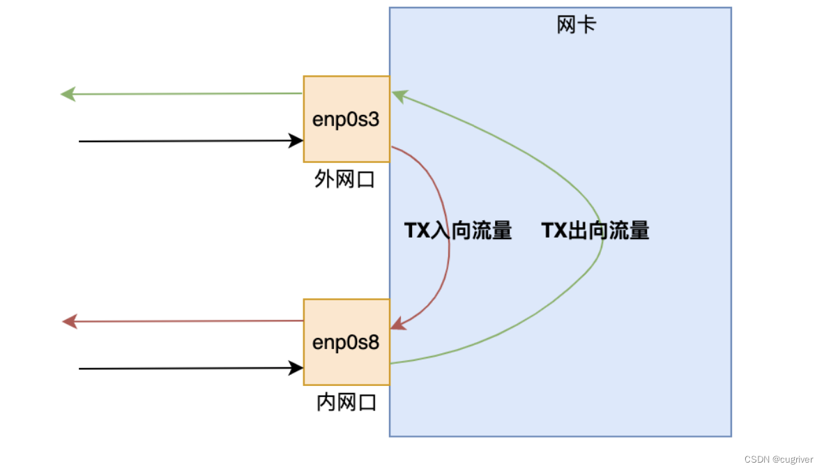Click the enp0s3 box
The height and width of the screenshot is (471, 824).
[x=346, y=119]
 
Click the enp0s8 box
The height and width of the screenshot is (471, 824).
[x=346, y=342]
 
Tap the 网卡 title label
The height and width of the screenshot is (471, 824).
[x=577, y=25]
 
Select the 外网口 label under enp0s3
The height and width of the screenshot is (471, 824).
[x=345, y=180]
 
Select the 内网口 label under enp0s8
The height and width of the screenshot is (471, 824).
[x=346, y=402]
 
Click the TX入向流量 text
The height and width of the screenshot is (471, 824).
[x=458, y=231]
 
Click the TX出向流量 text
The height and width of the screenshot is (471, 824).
[x=595, y=231]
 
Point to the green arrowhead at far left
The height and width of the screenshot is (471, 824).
[x=68, y=94]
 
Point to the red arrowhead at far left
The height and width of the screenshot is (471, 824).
[x=69, y=321]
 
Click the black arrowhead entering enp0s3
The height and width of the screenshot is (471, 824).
[x=296, y=141]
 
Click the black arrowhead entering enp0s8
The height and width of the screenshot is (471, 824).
[x=296, y=368]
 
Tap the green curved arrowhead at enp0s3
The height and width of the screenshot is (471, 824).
[x=398, y=96]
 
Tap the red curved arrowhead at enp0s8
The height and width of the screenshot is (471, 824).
[x=397, y=324]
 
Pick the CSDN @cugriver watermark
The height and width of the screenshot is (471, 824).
[x=778, y=459]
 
